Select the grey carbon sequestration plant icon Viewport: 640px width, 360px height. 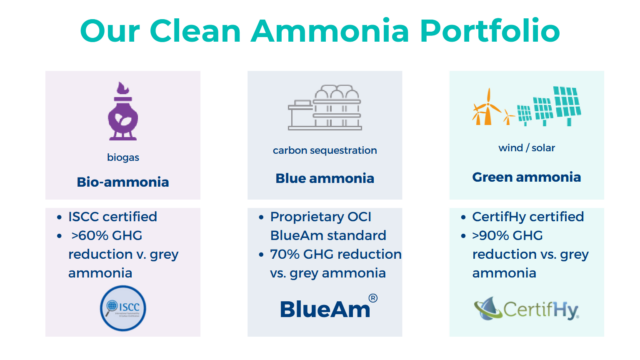(325, 108)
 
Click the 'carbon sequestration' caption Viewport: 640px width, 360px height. (325, 151)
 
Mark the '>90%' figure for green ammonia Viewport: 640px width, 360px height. (491, 235)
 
